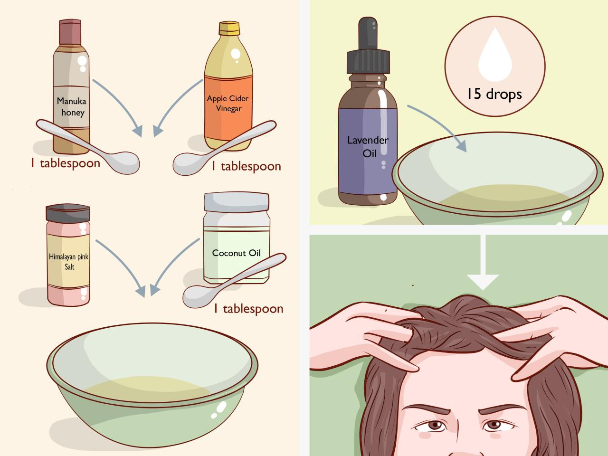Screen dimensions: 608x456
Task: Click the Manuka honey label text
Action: tap(71, 106)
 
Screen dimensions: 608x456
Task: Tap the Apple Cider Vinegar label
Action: tap(228, 103)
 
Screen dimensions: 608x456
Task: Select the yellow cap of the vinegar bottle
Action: tap(229, 28)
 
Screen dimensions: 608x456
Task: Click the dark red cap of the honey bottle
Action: tap(70, 32)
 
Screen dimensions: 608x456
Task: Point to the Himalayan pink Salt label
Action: tap(69, 261)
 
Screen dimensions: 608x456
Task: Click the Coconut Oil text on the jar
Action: tap(236, 253)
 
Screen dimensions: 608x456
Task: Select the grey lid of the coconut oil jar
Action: tap(236, 202)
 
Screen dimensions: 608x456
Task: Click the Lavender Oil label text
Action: tap(368, 146)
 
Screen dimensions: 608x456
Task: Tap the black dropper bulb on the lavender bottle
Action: tap(368, 33)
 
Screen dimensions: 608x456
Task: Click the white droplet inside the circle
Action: tap(495, 55)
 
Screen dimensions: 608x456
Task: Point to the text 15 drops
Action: tap(494, 94)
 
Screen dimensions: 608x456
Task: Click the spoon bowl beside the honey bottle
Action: tap(123, 163)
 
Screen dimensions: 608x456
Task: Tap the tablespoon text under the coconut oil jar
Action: tap(248, 309)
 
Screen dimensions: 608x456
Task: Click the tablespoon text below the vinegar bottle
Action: tap(246, 166)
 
